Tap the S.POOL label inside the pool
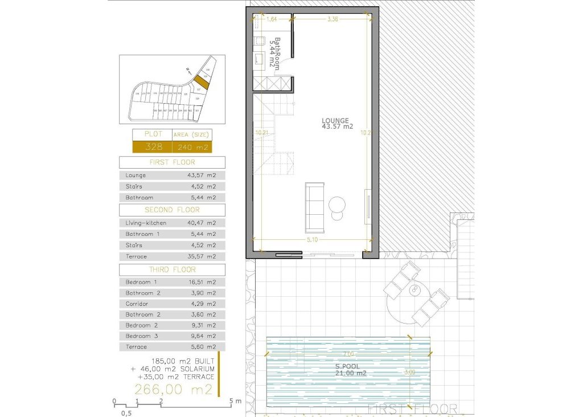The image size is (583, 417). [x=346, y=366]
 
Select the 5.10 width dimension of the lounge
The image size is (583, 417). [x=312, y=240]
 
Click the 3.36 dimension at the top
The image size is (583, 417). [x=333, y=19]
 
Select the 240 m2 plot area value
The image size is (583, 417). [x=193, y=147]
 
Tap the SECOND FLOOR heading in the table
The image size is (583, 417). [x=172, y=210]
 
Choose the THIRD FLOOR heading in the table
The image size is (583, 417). [x=172, y=269]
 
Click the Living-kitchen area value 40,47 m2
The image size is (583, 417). [x=202, y=223]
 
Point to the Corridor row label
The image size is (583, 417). [x=137, y=304]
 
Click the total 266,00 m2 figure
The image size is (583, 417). [x=173, y=390]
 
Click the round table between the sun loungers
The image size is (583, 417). [x=415, y=291]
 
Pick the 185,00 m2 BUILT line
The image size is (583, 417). [x=182, y=361]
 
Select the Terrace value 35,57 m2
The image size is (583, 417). [x=202, y=256]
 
